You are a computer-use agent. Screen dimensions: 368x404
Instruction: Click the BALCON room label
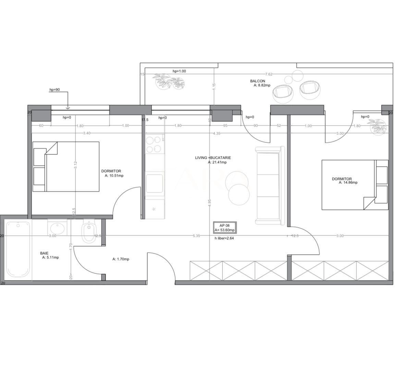pos(257,81)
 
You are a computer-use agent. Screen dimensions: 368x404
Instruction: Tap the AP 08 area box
pos(224,228)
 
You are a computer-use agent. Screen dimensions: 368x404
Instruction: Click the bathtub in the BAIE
pos(18,249)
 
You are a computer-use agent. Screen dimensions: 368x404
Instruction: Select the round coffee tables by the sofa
pos(238,190)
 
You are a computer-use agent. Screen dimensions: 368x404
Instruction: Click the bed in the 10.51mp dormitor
pos(66,166)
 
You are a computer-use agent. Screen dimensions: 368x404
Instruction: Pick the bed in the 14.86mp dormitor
pos(355,185)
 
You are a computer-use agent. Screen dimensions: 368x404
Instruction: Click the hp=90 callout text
pos(54,90)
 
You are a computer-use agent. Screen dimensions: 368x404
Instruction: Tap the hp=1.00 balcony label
pos(179,71)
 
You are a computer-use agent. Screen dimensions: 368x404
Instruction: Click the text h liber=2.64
pos(224,238)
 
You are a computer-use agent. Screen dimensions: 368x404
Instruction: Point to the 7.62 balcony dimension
pos(269,74)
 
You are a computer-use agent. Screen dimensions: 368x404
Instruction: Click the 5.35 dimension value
pos(196,236)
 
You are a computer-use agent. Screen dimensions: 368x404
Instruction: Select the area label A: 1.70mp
pos(121,259)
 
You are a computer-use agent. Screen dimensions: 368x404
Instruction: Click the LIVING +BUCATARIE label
pos(213,158)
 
